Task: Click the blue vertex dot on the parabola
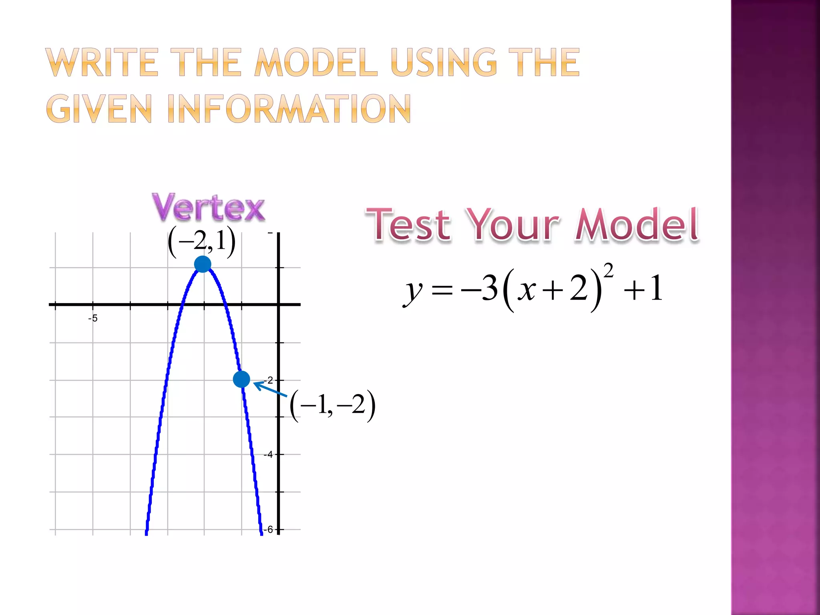pyautogui.click(x=203, y=264)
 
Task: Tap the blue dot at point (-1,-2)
pyautogui.click(x=241, y=379)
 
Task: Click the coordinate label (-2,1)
pyautogui.click(x=201, y=242)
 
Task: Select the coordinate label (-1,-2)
pyautogui.click(x=332, y=405)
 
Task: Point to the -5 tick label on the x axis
pyautogui.click(x=93, y=318)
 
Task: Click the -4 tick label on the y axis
pyautogui.click(x=268, y=454)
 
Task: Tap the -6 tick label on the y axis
pyautogui.click(x=268, y=529)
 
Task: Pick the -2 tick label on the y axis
pyautogui.click(x=269, y=380)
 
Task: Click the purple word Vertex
pyautogui.click(x=208, y=207)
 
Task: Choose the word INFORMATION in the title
pyautogui.click(x=289, y=109)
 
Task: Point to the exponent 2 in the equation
pyautogui.click(x=608, y=271)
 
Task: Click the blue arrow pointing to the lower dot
pyautogui.click(x=270, y=390)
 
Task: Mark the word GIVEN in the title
pyautogui.click(x=99, y=109)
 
